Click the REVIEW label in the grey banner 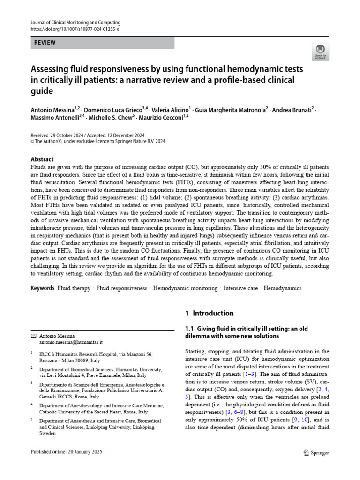[45, 43]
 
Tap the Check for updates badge [321, 52]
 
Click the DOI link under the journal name [75, 29]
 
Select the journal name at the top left [75, 22]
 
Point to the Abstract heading [42, 159]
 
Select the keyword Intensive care [240, 288]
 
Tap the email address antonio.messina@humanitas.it [70, 343]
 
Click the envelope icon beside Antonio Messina [33, 336]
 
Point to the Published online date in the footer [66, 452]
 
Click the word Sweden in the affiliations [48, 434]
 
